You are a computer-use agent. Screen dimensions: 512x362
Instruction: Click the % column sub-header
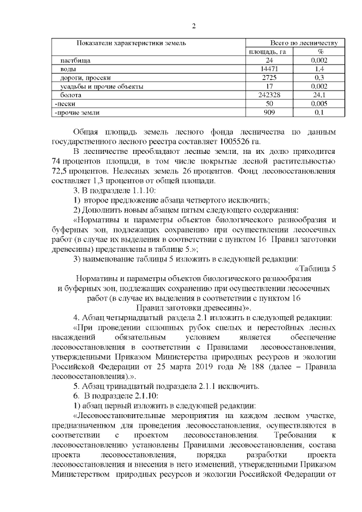click(320, 51)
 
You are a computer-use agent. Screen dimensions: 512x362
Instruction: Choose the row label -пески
click(63, 105)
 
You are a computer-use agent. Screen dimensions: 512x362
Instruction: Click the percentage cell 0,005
click(320, 105)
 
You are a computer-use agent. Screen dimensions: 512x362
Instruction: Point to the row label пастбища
click(76, 59)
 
